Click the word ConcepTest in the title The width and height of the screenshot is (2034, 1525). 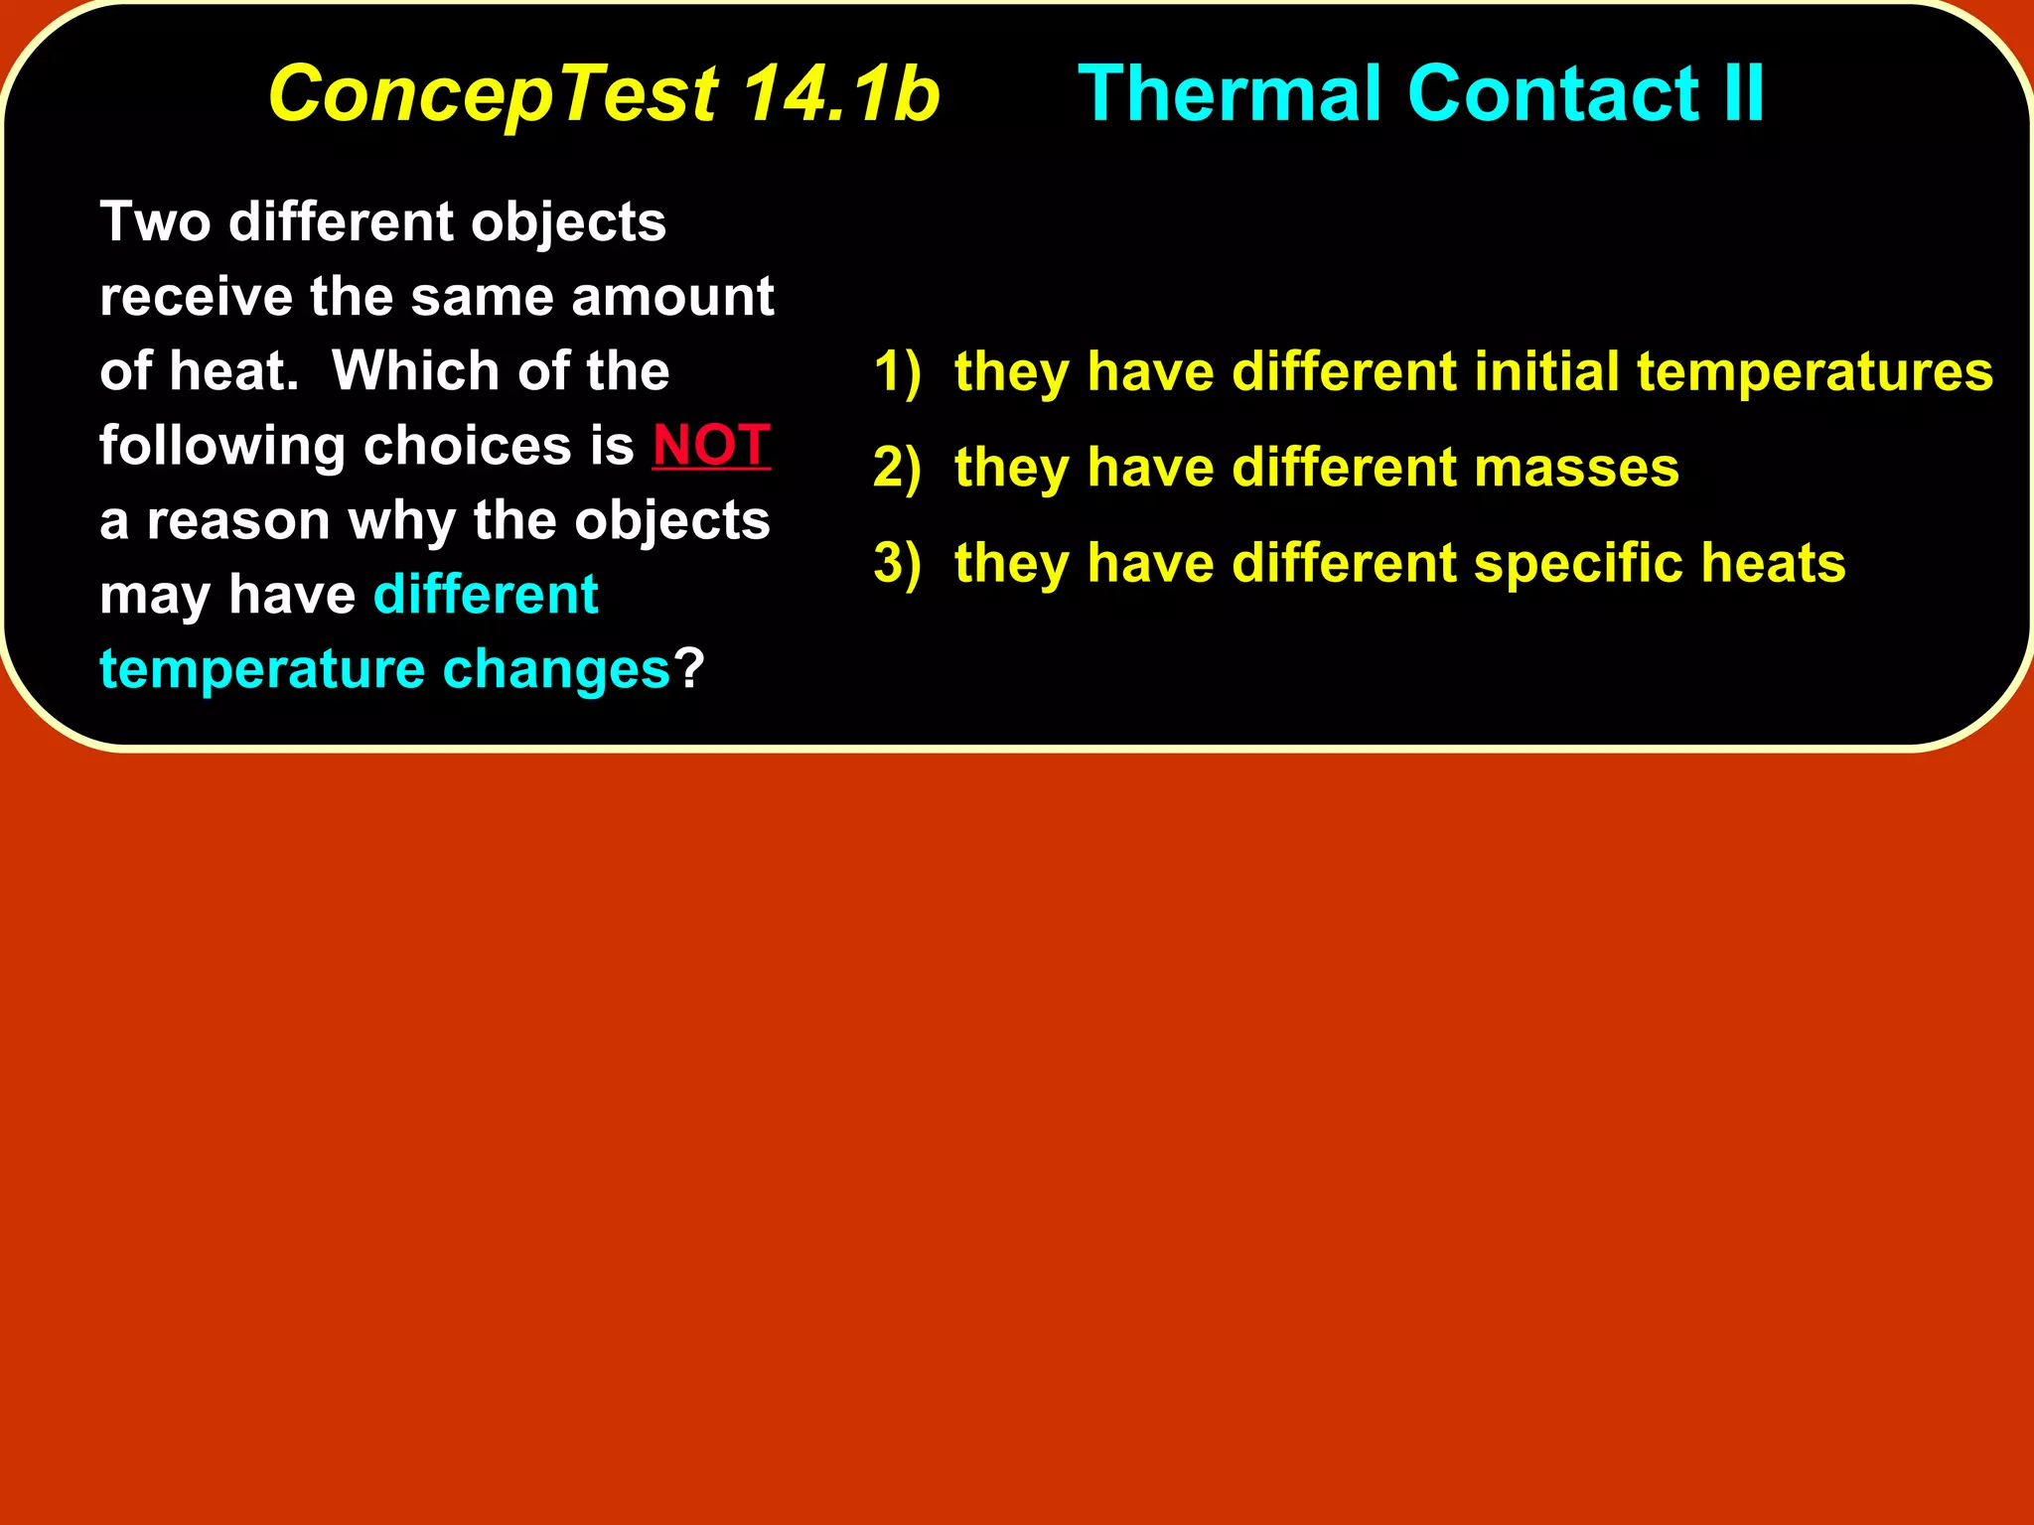click(493, 94)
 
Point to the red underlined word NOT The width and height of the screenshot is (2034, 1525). click(711, 445)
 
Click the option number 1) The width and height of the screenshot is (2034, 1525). click(897, 372)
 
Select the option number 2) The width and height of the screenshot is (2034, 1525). click(897, 468)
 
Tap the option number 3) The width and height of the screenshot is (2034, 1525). click(897, 563)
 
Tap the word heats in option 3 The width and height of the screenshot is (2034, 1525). click(1773, 563)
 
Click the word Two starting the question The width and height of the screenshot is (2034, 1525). click(155, 221)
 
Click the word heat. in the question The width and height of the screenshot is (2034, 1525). click(233, 371)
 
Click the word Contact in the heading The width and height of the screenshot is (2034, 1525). click(1552, 94)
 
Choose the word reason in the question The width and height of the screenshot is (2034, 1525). click(238, 521)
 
